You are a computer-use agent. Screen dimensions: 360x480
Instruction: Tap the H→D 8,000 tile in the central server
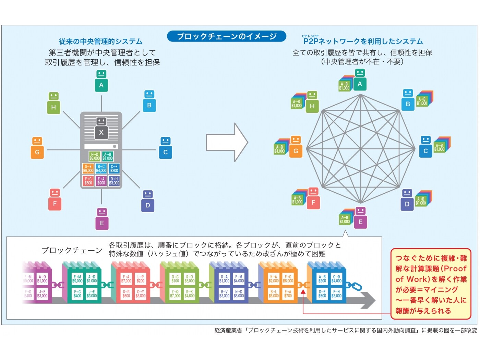95,157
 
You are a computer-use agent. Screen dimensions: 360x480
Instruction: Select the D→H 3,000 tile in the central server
114,181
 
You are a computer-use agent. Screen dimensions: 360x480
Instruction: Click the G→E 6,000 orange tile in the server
88,169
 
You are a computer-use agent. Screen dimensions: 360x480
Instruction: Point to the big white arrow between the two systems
226,142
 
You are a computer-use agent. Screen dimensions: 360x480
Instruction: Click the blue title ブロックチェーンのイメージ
226,36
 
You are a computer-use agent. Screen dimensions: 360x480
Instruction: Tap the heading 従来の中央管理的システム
100,41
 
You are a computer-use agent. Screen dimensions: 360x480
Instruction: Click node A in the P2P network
360,80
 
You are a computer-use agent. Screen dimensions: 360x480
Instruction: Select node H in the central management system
53,103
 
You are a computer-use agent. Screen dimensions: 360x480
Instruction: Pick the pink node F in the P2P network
313,199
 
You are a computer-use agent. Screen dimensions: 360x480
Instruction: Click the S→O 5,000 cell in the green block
189,279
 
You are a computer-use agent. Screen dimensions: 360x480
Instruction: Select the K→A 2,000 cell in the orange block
274,279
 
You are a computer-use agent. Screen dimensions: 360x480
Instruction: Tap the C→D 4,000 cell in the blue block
336,279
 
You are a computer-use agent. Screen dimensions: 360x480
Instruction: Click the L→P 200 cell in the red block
141,279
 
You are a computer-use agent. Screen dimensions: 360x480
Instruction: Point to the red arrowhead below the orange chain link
303,292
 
